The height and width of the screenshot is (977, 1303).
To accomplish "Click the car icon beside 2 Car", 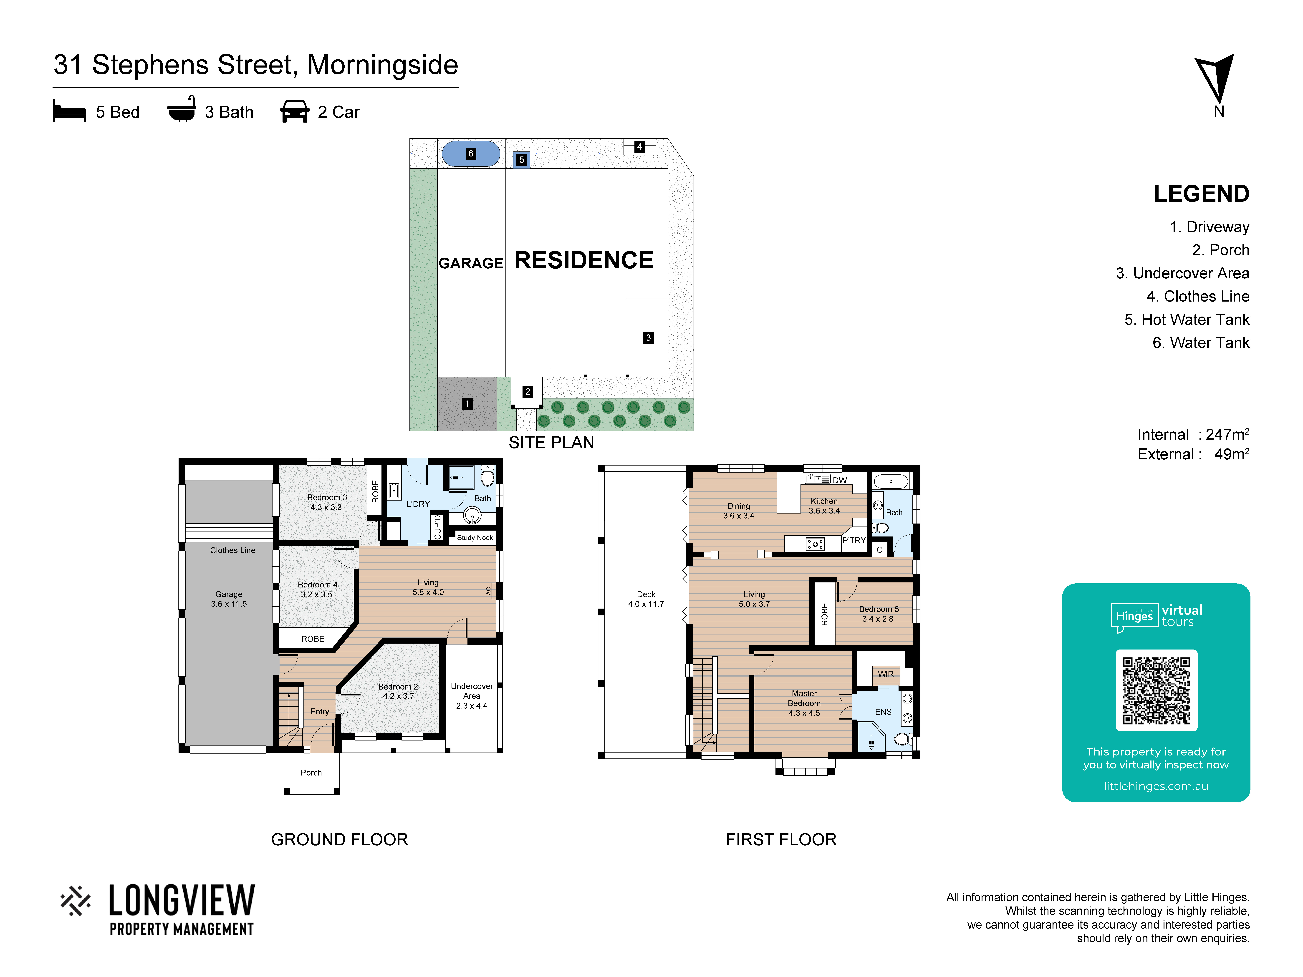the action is click(295, 111).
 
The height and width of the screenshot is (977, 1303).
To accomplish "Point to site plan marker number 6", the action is click(471, 154).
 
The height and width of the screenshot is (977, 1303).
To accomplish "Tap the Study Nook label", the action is click(475, 538).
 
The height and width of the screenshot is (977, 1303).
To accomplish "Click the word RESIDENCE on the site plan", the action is click(584, 260).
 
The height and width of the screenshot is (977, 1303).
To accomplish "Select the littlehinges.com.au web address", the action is click(1156, 786).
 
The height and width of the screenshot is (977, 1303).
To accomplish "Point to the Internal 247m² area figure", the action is click(1193, 435).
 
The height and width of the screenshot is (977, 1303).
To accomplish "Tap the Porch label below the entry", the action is click(311, 773).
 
